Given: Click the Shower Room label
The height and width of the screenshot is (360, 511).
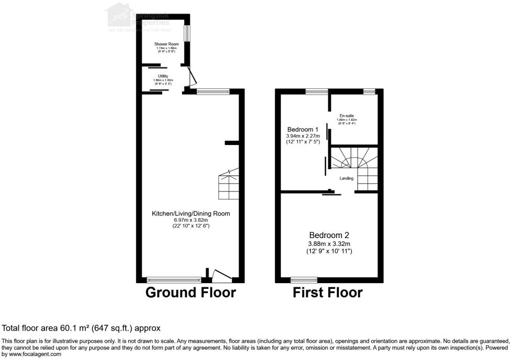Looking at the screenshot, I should pos(162,44).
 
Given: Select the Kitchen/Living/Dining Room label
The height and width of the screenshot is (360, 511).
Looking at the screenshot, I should pos(191,213).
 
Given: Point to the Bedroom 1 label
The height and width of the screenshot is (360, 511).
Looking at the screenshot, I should pos(303,129).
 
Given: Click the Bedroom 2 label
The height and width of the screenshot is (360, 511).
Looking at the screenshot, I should pos(329,235).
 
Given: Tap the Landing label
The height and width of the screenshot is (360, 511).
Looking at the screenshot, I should pos(346,178).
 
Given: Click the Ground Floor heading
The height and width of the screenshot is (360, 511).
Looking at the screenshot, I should pos(191,292).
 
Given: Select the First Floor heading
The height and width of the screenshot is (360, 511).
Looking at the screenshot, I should pos(328,292).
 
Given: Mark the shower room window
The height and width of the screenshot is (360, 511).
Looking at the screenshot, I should pos(187,32).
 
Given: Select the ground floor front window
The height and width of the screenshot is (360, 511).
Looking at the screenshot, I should pos(174,279).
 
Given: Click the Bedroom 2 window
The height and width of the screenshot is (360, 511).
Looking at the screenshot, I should pos(304,279).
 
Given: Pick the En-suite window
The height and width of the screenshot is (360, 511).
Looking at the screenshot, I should pos(369,92).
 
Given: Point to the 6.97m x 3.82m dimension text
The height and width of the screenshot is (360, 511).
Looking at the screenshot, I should pos(191,220).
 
